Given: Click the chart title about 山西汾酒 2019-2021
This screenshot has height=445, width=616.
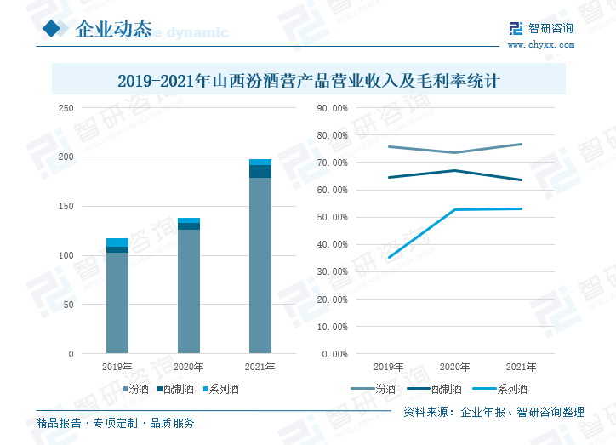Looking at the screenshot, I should click(307, 82).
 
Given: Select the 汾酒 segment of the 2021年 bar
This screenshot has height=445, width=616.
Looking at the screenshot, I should click(260, 264).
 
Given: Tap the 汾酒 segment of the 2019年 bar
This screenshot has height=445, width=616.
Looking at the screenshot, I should click(117, 302).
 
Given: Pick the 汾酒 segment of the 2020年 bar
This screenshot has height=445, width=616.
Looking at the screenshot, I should click(188, 290).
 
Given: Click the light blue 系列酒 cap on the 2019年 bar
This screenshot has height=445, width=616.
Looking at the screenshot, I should click(117, 242).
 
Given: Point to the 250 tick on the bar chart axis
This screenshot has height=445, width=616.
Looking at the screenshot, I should click(66, 108).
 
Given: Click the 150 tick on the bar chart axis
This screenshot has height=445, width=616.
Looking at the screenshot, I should click(66, 207).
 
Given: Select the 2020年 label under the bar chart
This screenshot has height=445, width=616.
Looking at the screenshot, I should click(188, 368).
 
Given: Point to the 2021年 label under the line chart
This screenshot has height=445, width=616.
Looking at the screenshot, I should click(521, 367).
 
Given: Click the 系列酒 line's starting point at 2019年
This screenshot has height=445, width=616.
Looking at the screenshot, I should click(389, 257).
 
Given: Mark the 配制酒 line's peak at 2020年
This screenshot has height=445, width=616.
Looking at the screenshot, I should click(455, 170).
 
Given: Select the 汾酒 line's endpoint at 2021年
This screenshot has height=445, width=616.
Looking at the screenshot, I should click(521, 144).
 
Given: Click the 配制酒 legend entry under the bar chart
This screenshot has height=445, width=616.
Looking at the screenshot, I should click(174, 390).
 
